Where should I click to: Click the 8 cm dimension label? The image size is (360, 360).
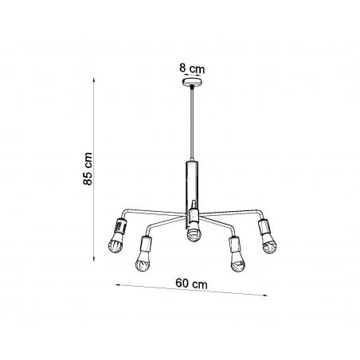point(192,68)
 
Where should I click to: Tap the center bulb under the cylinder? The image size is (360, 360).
point(192,233)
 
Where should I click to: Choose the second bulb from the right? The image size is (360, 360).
point(238,260)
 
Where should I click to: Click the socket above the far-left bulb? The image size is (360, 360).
point(119,225)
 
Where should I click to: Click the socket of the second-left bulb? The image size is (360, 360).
point(146,242)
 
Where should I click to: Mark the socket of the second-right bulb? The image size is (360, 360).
point(235,243)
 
